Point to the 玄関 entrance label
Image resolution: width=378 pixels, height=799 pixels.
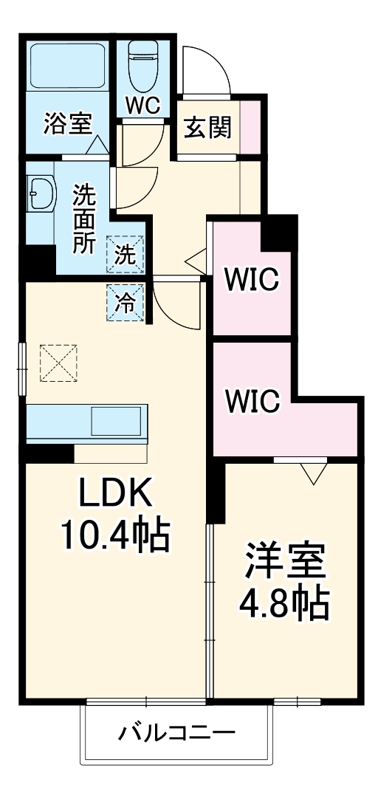[207, 128]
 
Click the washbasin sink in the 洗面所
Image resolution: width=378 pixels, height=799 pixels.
[40, 193]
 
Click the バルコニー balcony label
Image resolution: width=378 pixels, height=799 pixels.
[177, 733]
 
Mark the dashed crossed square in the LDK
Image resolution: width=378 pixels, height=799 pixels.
[58, 363]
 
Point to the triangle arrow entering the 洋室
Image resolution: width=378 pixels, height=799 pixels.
[312, 473]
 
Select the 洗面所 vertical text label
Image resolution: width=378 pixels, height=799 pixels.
[83, 219]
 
